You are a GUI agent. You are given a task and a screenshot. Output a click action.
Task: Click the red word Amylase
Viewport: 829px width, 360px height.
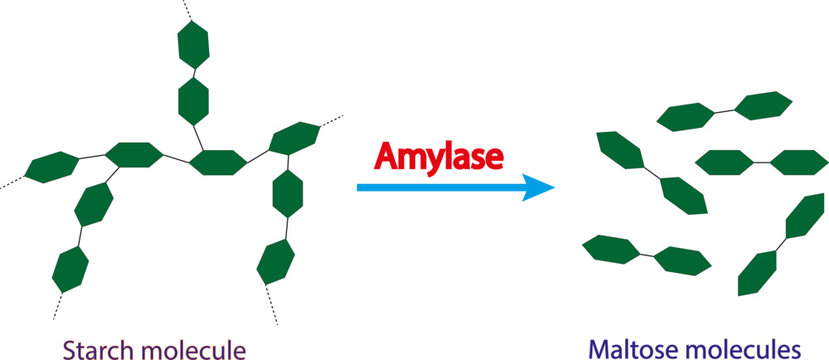[439, 157]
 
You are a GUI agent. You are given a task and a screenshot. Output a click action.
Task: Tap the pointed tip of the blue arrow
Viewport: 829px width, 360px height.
[553, 187]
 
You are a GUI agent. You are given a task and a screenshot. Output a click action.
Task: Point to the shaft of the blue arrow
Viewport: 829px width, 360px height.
[440, 187]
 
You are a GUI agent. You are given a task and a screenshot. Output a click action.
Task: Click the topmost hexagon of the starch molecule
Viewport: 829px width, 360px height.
[192, 46]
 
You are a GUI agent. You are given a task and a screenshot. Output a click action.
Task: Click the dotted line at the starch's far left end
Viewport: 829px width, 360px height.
[13, 182]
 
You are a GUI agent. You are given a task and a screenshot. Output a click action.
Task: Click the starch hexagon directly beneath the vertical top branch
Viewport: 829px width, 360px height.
[219, 162]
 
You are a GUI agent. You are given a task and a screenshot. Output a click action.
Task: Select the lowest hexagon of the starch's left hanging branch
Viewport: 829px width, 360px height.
[69, 268]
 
